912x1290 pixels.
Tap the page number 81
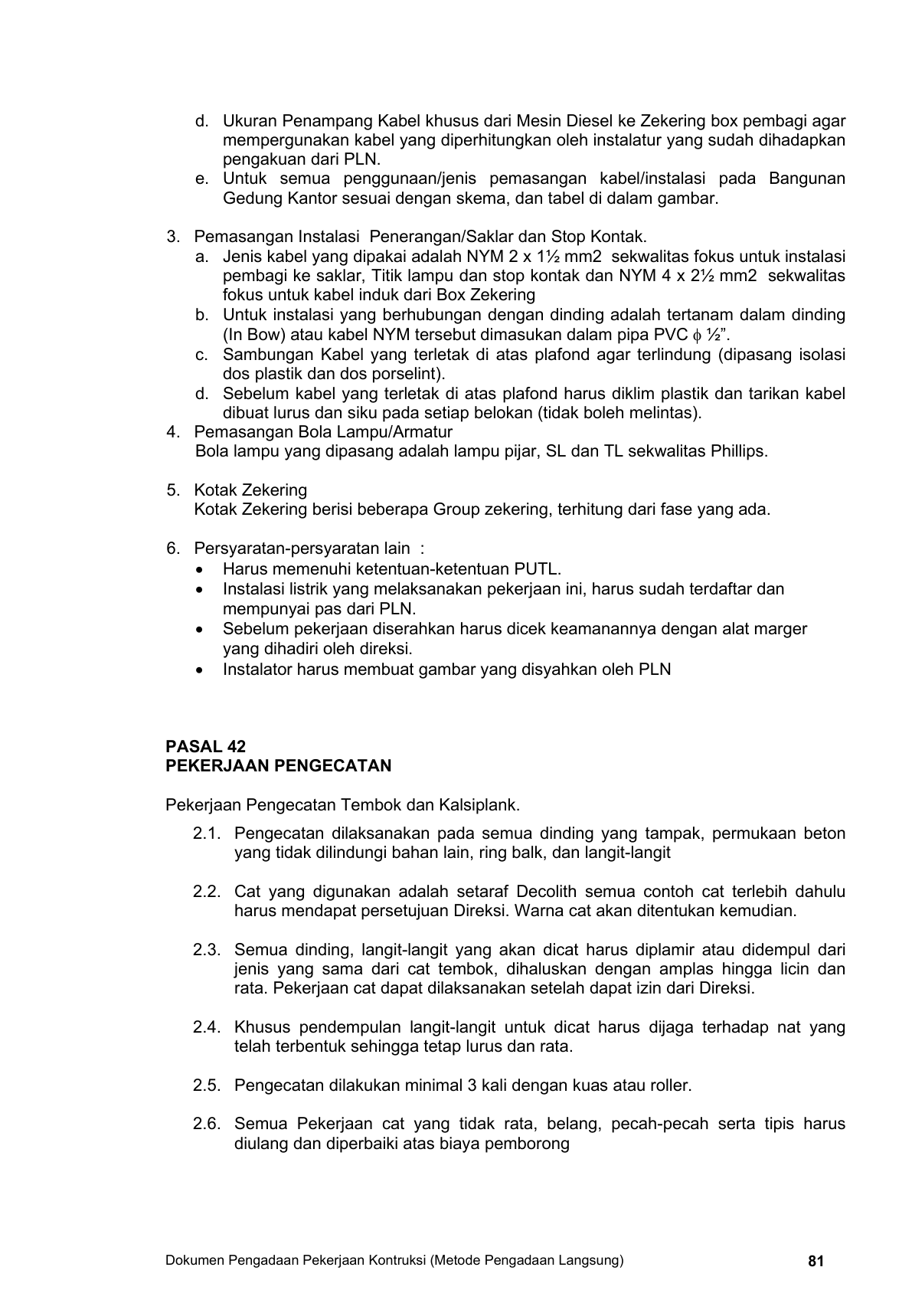[x=816, y=1261]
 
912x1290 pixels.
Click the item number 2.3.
[x=207, y=950]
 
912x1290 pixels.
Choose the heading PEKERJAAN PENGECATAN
[x=279, y=766]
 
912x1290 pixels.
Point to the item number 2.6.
[x=207, y=1124]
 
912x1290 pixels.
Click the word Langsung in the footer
[x=595, y=1260]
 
